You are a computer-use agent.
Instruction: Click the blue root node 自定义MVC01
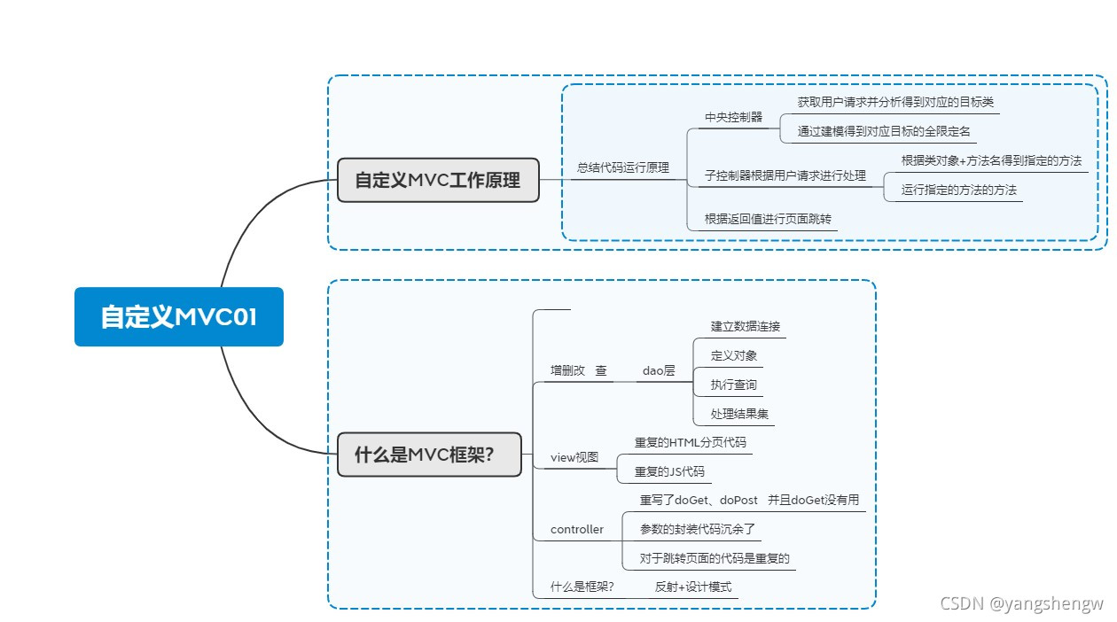click(178, 316)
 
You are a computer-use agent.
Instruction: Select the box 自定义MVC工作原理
click(438, 180)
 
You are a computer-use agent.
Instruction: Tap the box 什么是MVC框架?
click(429, 455)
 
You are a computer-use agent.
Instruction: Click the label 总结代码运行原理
click(623, 167)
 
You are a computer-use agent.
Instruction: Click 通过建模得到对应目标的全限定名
click(884, 131)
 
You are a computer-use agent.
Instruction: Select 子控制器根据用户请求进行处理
click(785, 175)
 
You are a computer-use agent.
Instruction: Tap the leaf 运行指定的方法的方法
click(958, 190)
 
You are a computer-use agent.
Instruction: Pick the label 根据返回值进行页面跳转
click(768, 218)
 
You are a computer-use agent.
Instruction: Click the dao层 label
click(659, 370)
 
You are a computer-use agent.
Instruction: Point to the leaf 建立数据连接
click(746, 326)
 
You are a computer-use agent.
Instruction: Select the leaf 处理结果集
click(733, 414)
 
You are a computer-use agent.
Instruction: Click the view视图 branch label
click(574, 457)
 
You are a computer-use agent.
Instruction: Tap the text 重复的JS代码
click(669, 471)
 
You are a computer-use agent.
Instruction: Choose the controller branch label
click(577, 529)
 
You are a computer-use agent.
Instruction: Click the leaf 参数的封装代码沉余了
click(697, 529)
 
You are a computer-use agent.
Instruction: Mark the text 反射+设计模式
click(693, 587)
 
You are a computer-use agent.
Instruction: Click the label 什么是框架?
click(582, 587)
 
